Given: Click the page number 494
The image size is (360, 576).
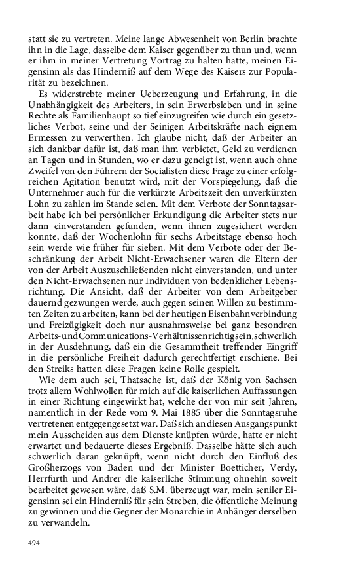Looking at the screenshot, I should [35, 543].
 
